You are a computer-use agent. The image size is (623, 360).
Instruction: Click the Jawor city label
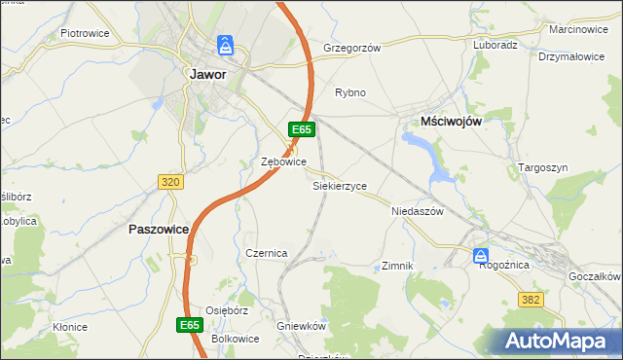coord(208,74)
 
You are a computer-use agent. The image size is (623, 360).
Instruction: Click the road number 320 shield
coord(169,182)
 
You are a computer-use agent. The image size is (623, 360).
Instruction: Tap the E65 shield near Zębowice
coord(301,128)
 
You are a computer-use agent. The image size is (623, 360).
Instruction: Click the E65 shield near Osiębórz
coord(191,324)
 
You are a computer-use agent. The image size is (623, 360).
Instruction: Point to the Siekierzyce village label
coord(340,185)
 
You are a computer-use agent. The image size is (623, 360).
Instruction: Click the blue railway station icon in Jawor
coord(226,45)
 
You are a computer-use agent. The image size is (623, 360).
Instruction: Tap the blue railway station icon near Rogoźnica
coord(481,256)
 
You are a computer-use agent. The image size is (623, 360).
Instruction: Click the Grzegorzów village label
coord(351,47)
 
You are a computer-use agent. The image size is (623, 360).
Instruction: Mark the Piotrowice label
coord(85,33)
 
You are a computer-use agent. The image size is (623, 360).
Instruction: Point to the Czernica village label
coord(266,253)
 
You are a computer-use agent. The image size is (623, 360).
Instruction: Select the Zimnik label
coord(398,266)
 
